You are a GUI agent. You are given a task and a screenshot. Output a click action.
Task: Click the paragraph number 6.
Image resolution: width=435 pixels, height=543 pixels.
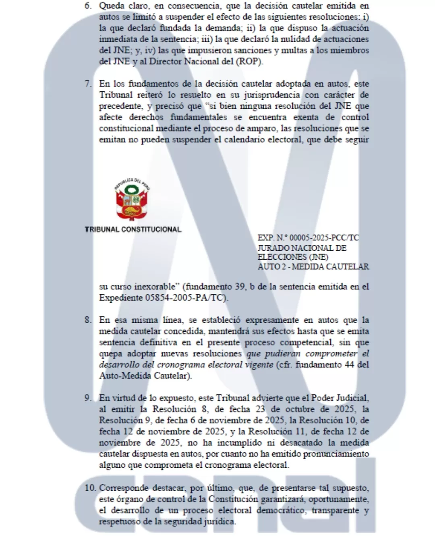tap(88, 6)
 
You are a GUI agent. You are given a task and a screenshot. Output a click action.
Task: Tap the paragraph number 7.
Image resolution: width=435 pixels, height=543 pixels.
tap(88, 84)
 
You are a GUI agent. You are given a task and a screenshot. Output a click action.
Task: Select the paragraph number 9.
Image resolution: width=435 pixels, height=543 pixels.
tap(88, 398)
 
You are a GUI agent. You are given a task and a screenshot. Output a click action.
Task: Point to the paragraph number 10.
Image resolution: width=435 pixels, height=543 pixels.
tap(90, 488)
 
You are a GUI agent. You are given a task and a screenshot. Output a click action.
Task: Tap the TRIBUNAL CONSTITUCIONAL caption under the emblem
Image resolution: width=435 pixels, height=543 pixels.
tap(133, 229)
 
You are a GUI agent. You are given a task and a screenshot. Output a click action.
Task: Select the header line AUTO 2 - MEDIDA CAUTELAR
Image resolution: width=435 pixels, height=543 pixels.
tap(313, 267)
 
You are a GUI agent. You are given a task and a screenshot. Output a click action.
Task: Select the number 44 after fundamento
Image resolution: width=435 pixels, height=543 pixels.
tap(349, 365)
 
